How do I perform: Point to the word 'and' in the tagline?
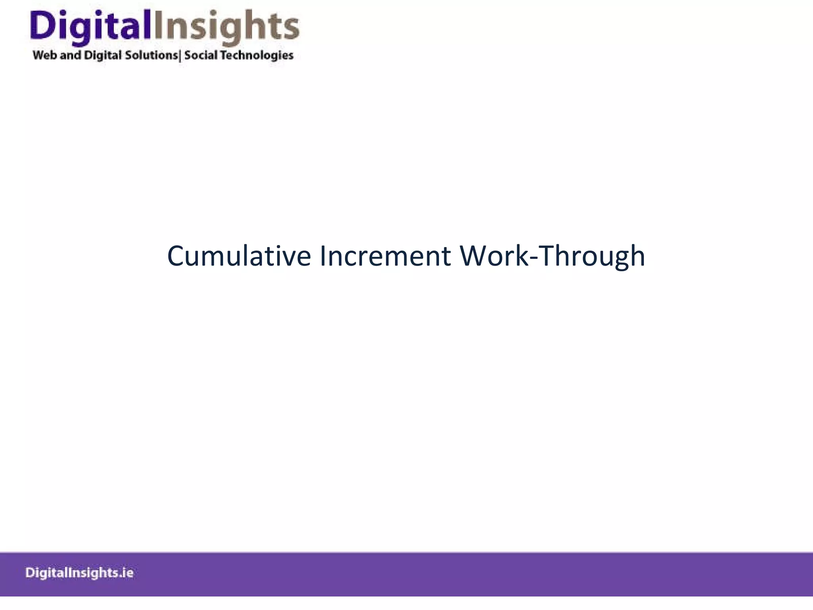71,55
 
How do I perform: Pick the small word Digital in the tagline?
103,56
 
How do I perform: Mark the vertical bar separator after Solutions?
180,56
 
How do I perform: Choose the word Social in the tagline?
200,55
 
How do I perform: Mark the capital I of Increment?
322,256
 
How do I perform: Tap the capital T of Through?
547,256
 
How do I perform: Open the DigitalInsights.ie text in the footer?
79,573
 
